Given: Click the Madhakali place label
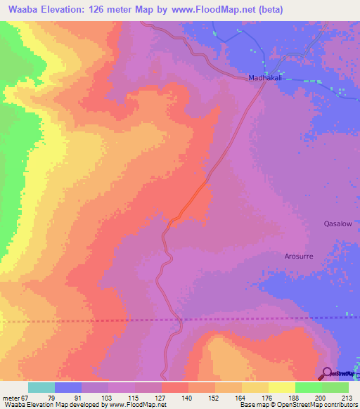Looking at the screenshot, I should coord(264,78).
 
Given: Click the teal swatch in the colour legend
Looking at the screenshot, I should coord(41,387).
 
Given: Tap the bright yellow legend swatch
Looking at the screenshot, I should coord(282,387).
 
